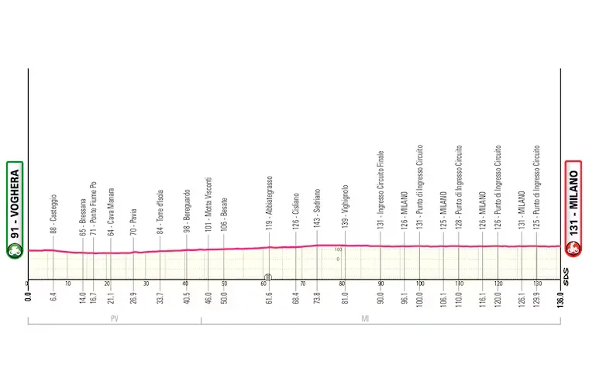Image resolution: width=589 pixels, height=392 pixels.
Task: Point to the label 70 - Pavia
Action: pyautogui.click(x=133, y=221)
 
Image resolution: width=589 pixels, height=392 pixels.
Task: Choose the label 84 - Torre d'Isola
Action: pyautogui.click(x=160, y=211)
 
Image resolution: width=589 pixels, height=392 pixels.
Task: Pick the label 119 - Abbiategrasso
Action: pyautogui.click(x=269, y=204)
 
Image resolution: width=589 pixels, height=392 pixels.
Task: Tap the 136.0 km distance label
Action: pyautogui.click(x=560, y=298)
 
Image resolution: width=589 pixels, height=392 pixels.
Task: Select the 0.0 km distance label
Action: pyautogui.click(x=28, y=297)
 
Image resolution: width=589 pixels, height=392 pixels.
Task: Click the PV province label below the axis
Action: pyautogui.click(x=114, y=318)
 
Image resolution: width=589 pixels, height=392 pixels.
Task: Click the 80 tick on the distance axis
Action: pyautogui.click(x=341, y=284)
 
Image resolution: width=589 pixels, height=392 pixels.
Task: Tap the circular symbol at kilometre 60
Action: pyautogui.click(x=266, y=277)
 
